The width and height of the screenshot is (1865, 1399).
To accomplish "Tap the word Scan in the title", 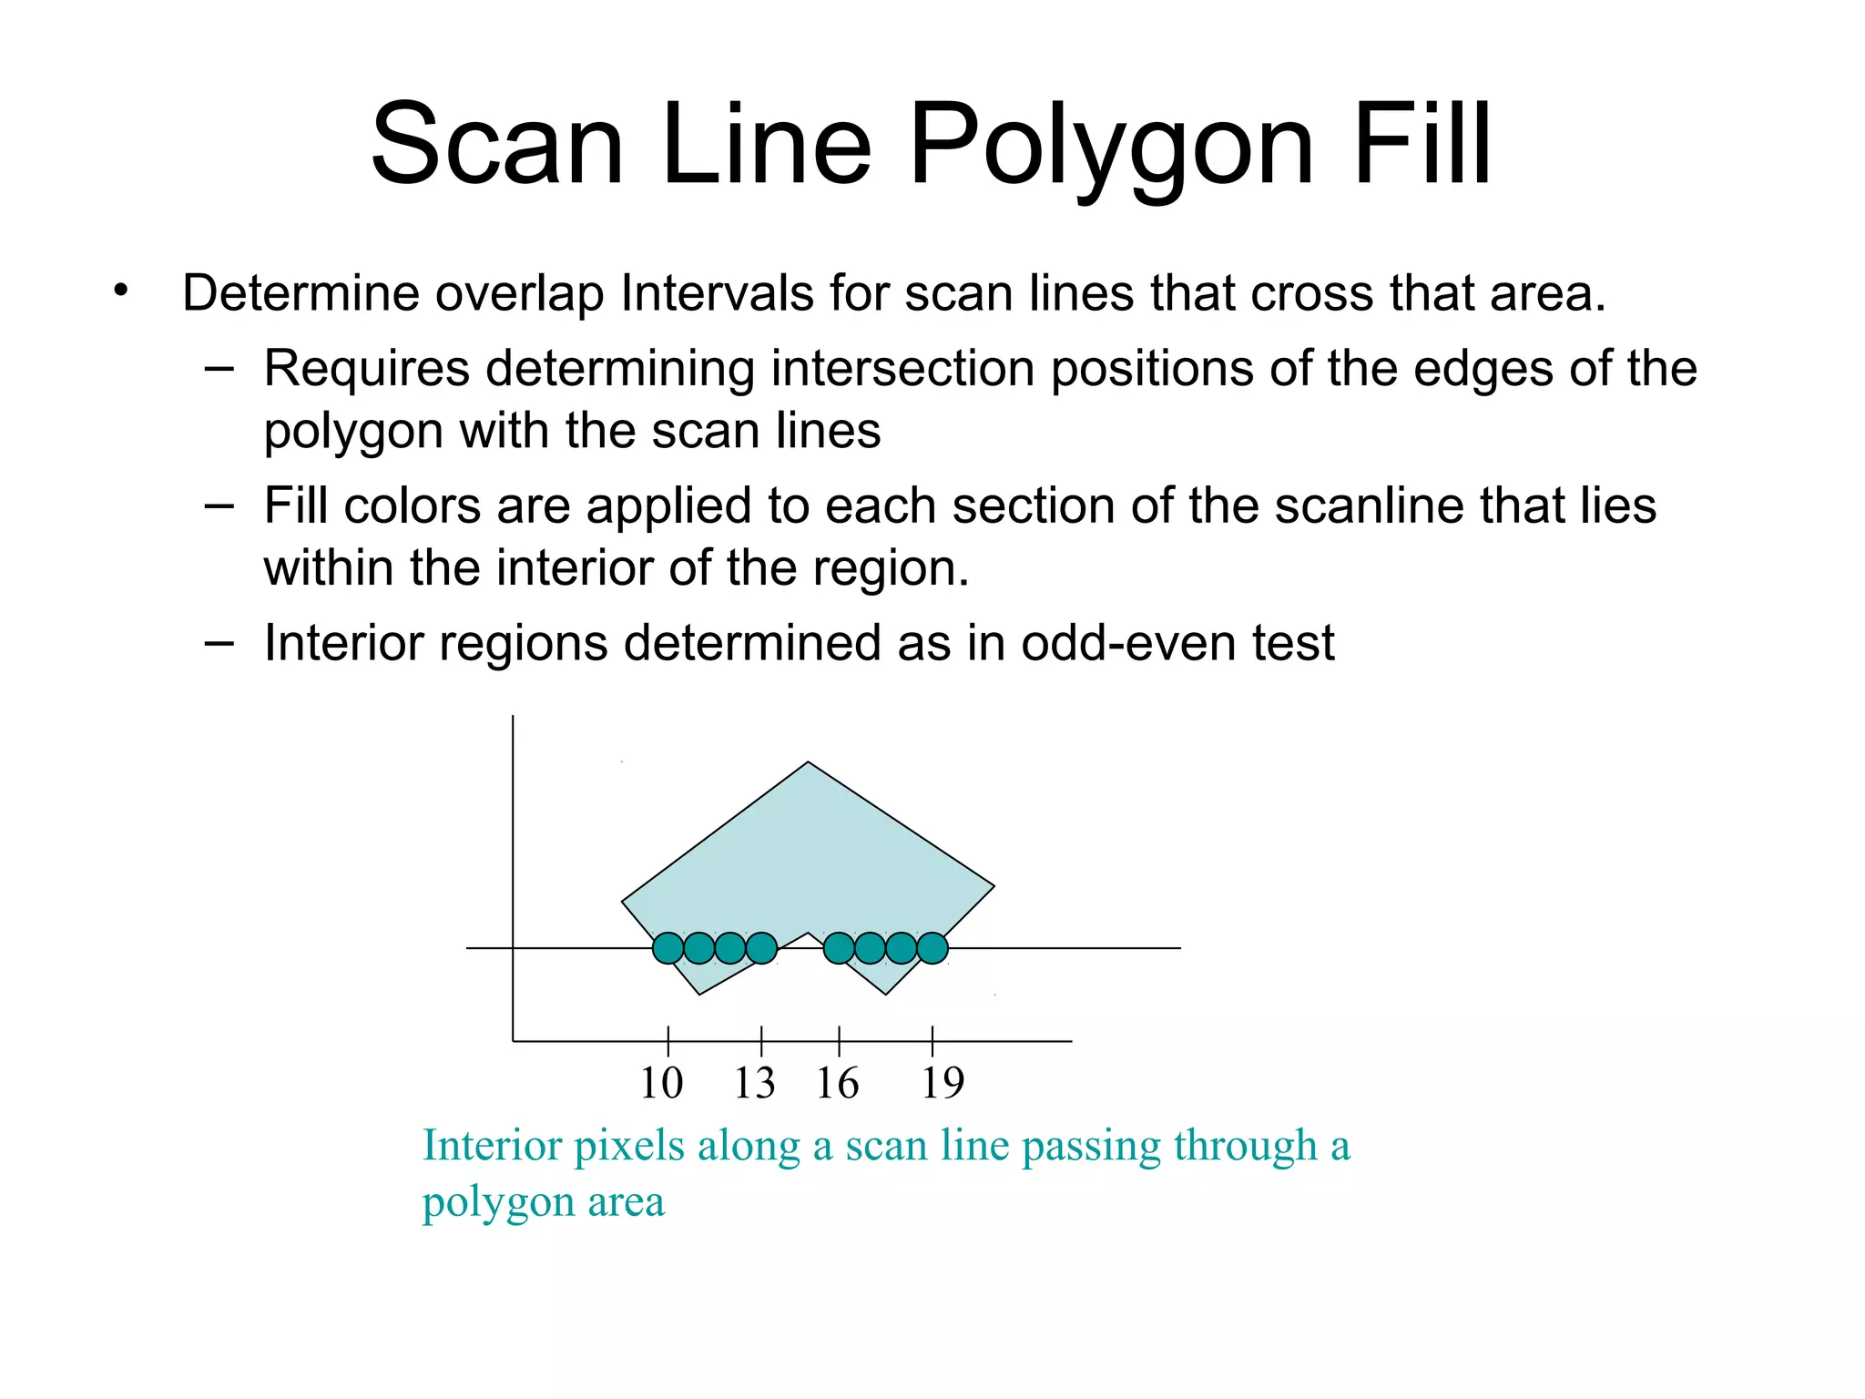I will click(x=497, y=146).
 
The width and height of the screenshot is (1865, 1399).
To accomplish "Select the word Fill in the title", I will click(x=1422, y=146).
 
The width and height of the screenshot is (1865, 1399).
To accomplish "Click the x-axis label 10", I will click(x=661, y=1083).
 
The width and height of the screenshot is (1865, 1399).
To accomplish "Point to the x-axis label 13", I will click(x=754, y=1083).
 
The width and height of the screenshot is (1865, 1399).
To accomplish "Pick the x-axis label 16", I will click(x=837, y=1083).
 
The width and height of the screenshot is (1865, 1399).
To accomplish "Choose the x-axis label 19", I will click(x=943, y=1083).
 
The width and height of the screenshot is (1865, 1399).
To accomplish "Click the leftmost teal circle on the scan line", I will click(x=668, y=948).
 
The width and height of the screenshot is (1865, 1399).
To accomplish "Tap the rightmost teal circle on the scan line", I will click(x=932, y=948).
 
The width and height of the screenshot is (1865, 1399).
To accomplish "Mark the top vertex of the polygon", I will click(x=809, y=762).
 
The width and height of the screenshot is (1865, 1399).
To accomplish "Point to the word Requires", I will click(x=367, y=369).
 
